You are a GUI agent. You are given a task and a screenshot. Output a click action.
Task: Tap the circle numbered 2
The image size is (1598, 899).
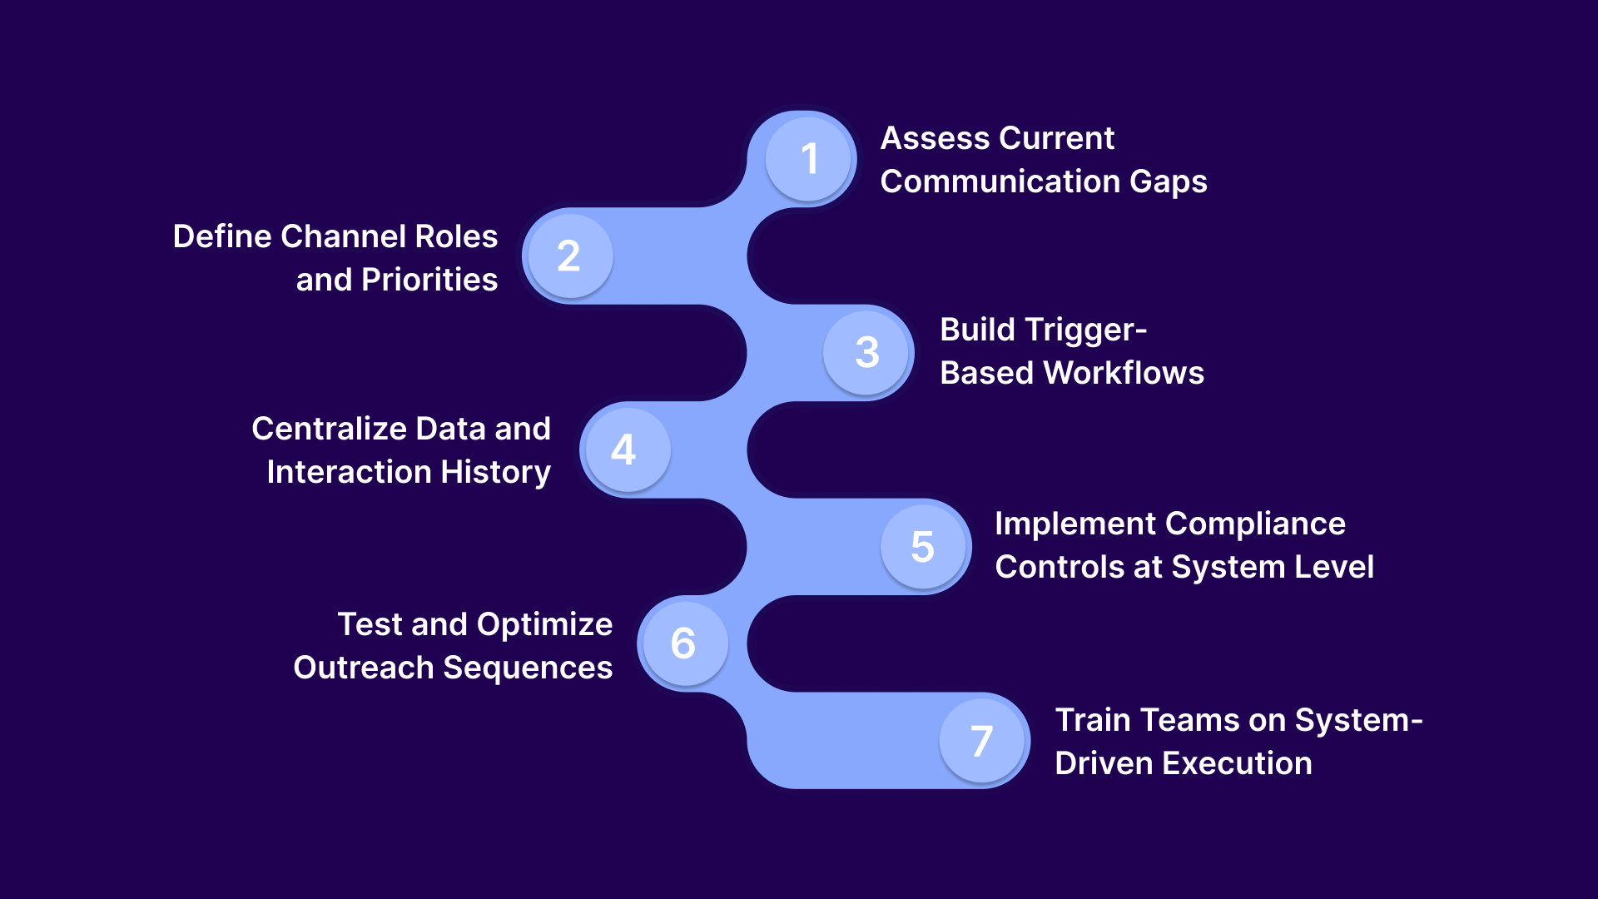coord(569,256)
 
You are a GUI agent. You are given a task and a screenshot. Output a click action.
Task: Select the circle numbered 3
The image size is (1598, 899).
coord(867,352)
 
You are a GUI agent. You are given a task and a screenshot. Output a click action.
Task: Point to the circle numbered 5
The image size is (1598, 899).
coord(923,546)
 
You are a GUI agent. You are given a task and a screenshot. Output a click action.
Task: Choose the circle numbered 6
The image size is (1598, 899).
coord(683,643)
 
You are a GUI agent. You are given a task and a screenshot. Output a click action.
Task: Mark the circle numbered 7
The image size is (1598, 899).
coord(982,740)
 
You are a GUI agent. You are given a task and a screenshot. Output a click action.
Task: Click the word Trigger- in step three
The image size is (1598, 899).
coord(1098,330)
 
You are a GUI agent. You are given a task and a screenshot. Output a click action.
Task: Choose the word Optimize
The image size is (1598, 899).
coord(544,624)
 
